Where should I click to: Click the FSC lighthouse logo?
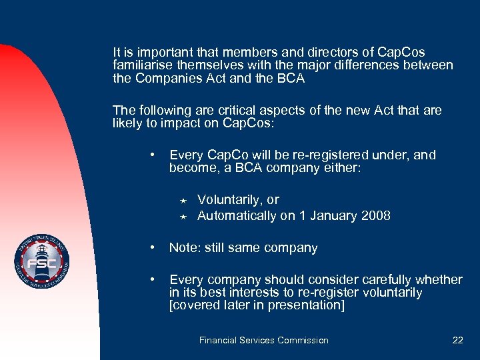pos(43,262)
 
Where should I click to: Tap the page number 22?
pos(457,340)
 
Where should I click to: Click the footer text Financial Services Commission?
pos(263,340)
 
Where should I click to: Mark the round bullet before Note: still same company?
pos(154,247)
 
